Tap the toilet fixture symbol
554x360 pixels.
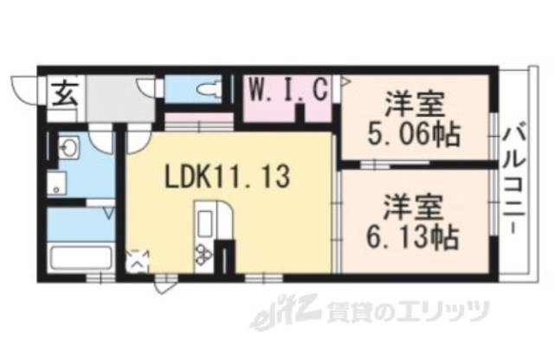click(204, 89)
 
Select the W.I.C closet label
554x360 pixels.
click(288, 89)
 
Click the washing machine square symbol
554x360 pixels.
click(57, 183)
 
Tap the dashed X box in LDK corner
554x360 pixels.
click(138, 259)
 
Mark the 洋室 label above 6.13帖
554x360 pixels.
click(415, 206)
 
